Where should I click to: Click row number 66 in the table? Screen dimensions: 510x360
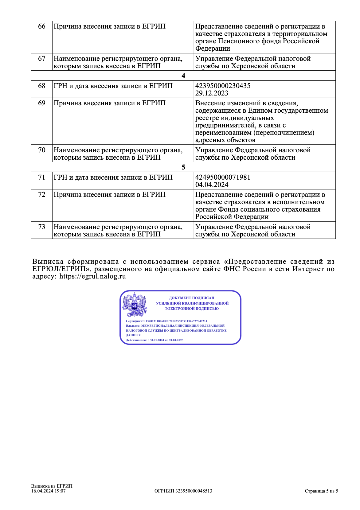click(x=42, y=26)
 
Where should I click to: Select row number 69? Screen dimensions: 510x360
click(x=42, y=103)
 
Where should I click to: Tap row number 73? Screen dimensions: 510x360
click(x=42, y=227)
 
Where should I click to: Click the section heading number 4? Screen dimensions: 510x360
click(x=183, y=76)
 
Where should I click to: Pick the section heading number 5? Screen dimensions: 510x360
click(x=183, y=167)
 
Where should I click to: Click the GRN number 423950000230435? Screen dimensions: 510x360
click(x=223, y=86)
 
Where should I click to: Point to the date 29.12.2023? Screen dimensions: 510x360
click(x=212, y=93)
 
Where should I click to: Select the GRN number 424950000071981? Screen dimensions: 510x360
click(x=223, y=177)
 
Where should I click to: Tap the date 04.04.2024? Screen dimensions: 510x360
click(x=212, y=185)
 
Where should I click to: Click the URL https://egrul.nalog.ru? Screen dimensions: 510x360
click(x=92, y=276)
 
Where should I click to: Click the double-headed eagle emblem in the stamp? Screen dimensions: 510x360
click(x=135, y=305)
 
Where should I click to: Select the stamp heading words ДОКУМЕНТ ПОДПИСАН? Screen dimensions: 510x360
click(x=192, y=298)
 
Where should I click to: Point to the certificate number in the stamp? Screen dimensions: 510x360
click(x=176, y=321)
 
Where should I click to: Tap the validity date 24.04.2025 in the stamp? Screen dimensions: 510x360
click(x=176, y=340)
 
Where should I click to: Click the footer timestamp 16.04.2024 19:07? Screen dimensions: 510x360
click(x=48, y=491)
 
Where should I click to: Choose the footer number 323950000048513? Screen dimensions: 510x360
click(x=194, y=491)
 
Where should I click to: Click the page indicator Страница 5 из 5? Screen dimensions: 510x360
click(x=321, y=491)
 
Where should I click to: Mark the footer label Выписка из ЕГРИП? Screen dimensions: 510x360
click(x=52, y=486)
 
